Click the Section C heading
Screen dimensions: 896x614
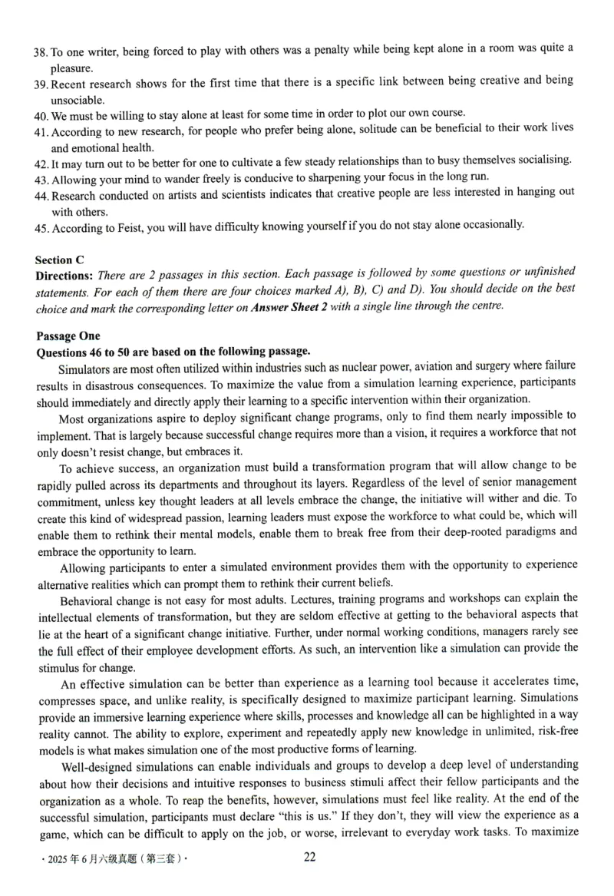coord(61,260)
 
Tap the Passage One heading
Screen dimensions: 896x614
coord(68,336)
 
